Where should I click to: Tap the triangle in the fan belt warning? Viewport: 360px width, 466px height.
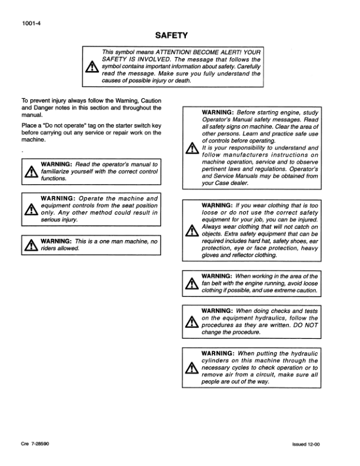tap(189, 285)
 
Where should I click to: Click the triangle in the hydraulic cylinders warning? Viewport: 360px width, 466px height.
tap(189, 369)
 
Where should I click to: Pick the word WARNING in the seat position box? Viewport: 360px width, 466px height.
tap(58, 198)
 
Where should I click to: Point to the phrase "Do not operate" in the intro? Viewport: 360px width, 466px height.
tap(61, 125)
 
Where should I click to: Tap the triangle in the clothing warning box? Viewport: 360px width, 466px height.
tap(189, 230)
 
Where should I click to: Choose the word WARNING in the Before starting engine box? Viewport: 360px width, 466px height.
tap(218, 112)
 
